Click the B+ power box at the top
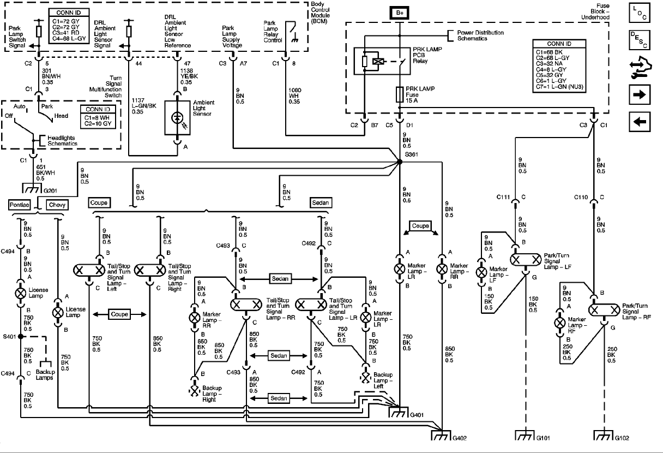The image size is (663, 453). point(400,12)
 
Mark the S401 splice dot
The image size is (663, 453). point(20,337)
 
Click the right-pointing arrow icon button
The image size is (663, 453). point(640,94)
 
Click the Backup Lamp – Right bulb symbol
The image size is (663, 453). point(194,390)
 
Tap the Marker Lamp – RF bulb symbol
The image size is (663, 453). point(559,322)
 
